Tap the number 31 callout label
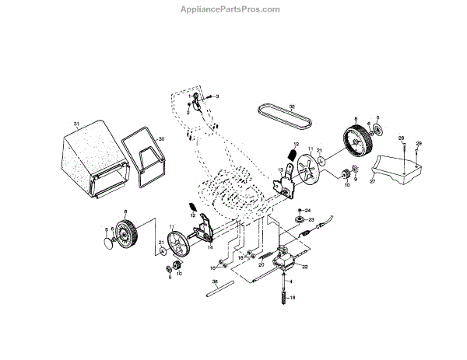[76, 124]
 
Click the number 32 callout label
[292, 107]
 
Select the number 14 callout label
[210, 248]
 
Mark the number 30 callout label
[162, 139]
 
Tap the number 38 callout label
[215, 281]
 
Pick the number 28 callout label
[402, 138]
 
